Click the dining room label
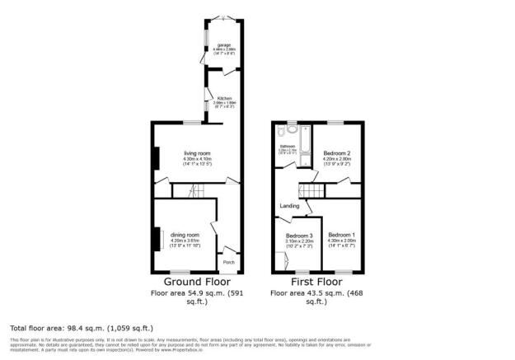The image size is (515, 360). click(185, 233)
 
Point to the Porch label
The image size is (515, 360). click(229, 262)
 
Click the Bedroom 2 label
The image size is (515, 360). click(337, 154)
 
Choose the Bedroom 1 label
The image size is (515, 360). click(342, 234)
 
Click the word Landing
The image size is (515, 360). click(288, 205)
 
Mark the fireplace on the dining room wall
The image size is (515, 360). click(153, 238)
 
